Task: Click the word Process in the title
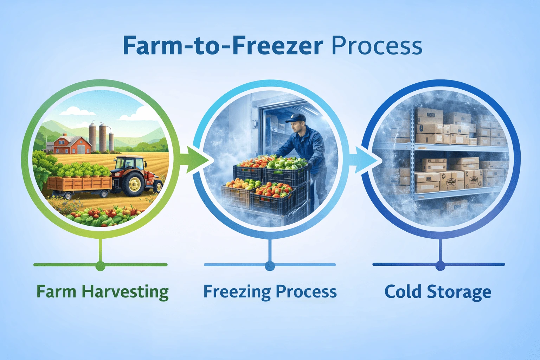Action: point(377,46)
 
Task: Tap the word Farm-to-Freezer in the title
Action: point(223,46)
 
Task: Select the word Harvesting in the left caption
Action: point(125,292)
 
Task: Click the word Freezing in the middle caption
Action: point(237,292)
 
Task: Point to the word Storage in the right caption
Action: point(459,292)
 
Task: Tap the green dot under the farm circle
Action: point(100,266)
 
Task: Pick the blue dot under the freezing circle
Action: point(270,266)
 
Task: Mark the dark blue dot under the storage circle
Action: point(440,266)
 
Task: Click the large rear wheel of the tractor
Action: point(133,184)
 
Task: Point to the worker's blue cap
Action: point(296,118)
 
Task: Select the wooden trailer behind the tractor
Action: point(79,184)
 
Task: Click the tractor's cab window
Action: point(125,164)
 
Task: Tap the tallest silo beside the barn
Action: point(92,137)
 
